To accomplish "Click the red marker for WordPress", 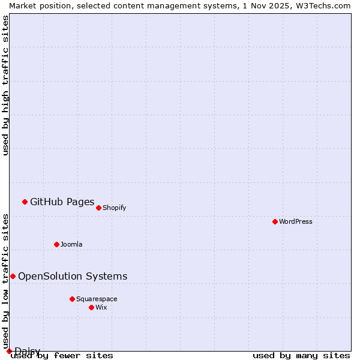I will (x=275, y=221).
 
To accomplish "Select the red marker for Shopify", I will (x=98, y=208).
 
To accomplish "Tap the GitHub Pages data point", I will (x=25, y=202).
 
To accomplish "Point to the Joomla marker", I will (x=56, y=244).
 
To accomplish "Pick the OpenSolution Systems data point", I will (x=13, y=276).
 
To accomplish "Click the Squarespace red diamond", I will (x=72, y=299).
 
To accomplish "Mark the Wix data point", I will (x=91, y=307).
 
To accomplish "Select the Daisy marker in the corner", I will (x=9, y=351).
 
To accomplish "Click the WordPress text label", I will (x=296, y=221).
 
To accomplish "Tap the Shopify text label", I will (x=114, y=208).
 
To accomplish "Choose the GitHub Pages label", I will (x=62, y=202).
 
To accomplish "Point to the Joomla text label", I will (x=71, y=244).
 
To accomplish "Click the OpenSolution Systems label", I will (x=73, y=276).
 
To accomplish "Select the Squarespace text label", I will (x=97, y=299).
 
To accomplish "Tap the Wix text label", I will (x=101, y=307).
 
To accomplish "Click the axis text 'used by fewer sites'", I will (x=62, y=355).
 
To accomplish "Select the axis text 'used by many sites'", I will (x=301, y=355).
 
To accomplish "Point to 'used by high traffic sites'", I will (x=5, y=85).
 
